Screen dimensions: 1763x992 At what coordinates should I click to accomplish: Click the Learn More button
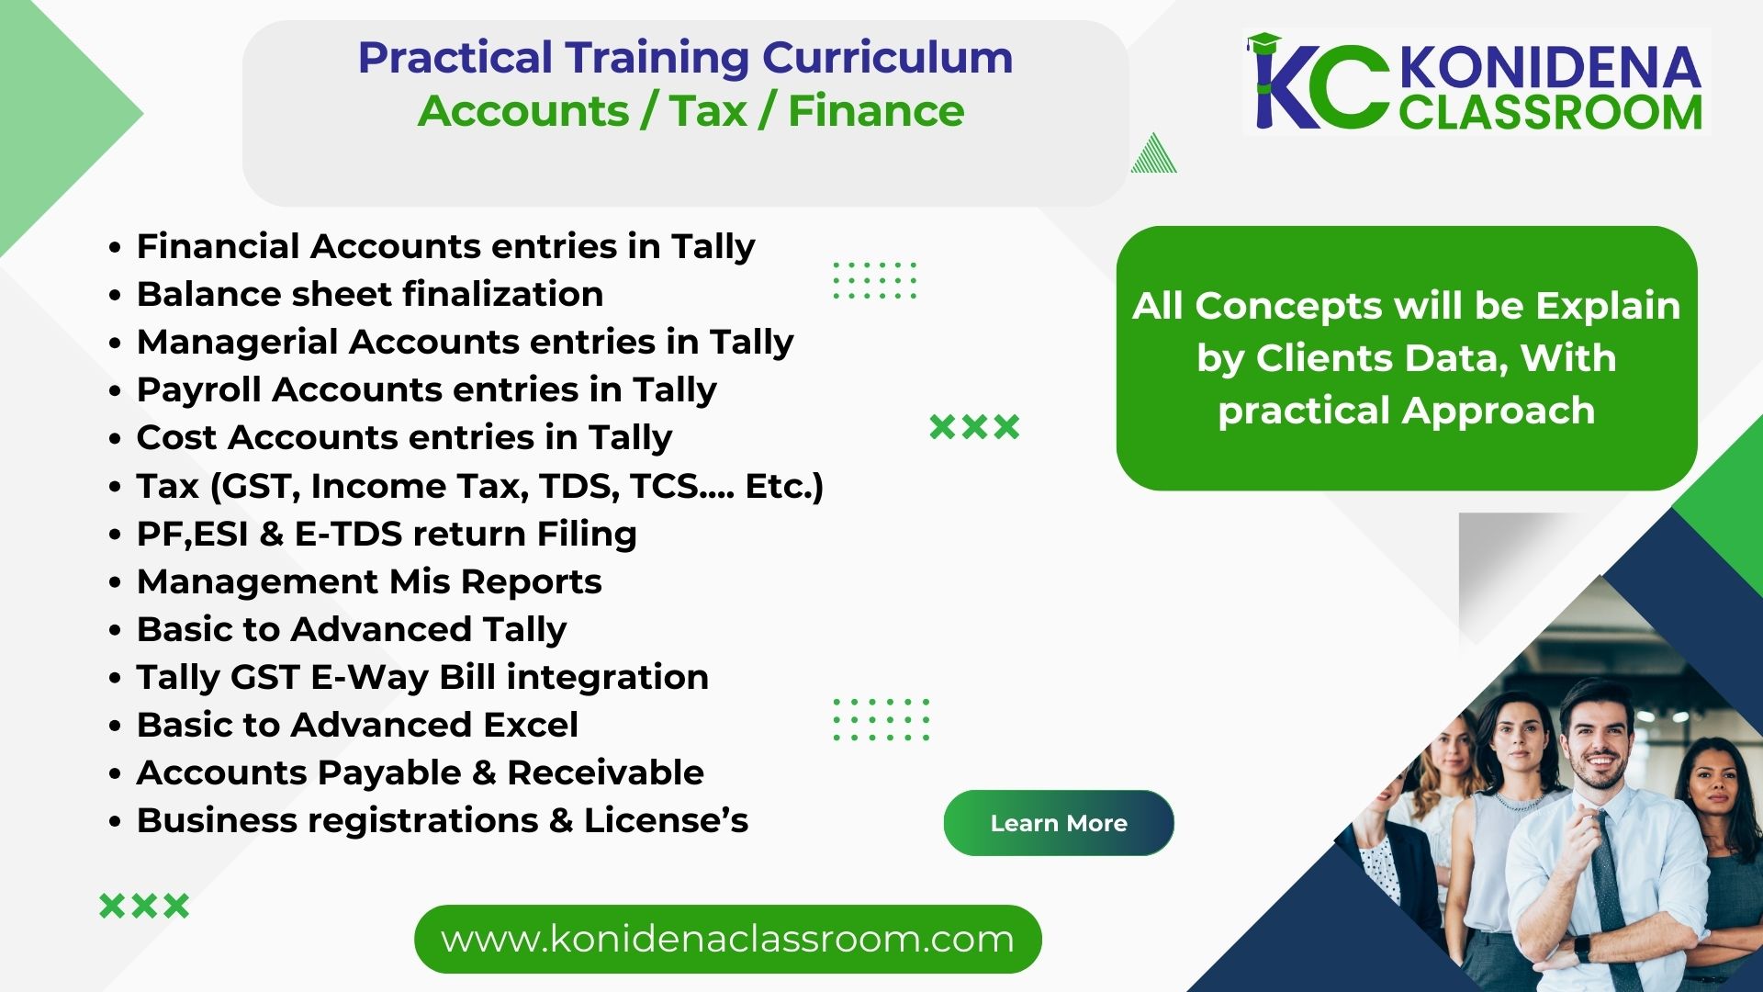1059,823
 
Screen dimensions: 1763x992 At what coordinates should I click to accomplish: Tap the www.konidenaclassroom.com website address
727,939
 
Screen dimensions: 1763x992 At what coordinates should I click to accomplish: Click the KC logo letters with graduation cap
1319,82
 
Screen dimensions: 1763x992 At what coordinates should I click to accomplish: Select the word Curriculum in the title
887,58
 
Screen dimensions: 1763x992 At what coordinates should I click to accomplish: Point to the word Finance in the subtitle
876,111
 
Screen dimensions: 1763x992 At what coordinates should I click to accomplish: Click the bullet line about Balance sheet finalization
370,294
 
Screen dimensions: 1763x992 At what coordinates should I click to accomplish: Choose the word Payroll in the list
199,390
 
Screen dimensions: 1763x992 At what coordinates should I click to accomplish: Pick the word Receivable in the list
605,772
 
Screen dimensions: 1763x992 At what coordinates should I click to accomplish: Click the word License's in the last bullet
666,820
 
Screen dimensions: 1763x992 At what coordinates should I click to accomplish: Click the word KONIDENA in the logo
1551,67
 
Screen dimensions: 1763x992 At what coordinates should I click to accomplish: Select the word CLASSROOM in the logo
1551,112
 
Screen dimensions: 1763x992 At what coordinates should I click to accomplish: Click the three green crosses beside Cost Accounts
974,426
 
